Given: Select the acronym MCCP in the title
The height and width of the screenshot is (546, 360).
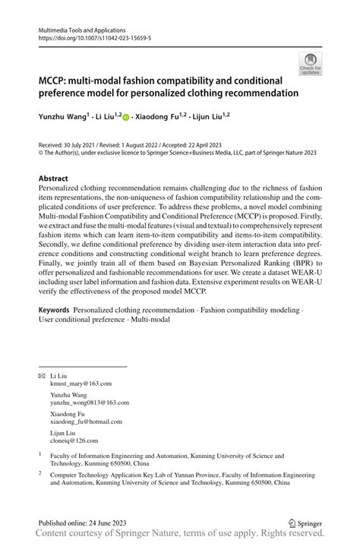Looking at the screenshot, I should tap(55, 80).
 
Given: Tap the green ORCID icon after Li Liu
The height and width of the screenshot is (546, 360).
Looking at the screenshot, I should tap(126, 118).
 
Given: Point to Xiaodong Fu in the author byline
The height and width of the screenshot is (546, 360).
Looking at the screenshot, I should tap(159, 118).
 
